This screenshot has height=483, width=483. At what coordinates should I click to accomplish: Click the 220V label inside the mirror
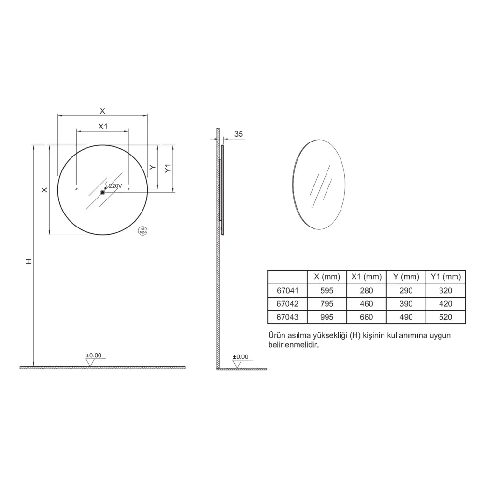115,186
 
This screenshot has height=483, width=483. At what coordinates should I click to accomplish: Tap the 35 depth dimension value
239,134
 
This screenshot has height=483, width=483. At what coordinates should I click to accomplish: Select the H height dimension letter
28,261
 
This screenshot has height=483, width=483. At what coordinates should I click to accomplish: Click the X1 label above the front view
103,126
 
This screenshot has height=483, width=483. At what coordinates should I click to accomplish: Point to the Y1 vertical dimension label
168,168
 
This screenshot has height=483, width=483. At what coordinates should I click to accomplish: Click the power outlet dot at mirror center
102,193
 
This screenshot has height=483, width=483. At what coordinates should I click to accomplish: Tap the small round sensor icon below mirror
142,231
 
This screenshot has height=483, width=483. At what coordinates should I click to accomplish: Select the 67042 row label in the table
287,304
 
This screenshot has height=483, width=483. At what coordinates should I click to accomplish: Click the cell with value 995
327,317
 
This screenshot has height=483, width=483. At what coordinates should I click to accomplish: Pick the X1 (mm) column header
367,277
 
